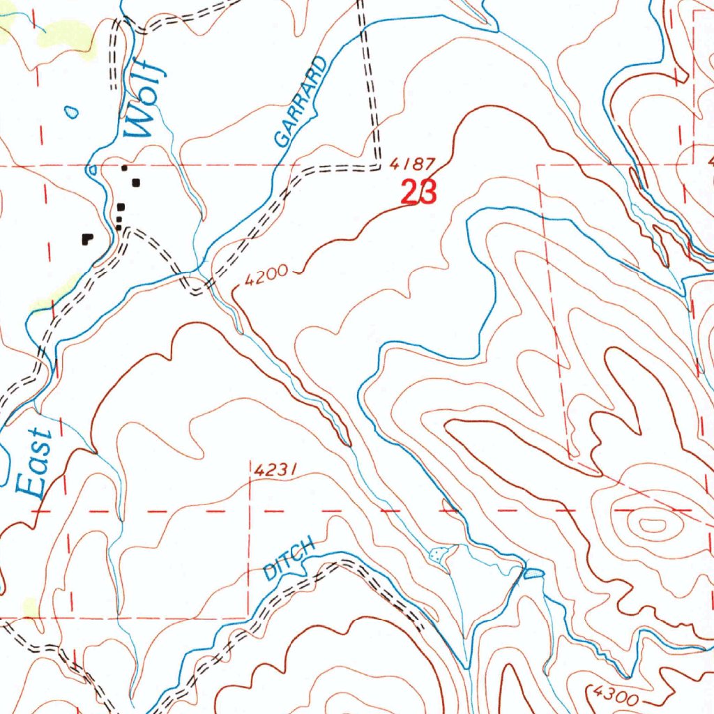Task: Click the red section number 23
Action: tap(418, 192)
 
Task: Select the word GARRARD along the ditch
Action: tap(301, 102)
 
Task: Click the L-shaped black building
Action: tap(87, 238)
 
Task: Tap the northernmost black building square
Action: tap(125, 167)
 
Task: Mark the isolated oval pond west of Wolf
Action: tap(70, 111)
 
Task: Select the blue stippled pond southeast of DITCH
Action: tap(533, 573)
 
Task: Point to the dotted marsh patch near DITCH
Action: tap(438, 555)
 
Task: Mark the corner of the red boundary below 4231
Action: tap(250, 617)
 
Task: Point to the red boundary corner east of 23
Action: tap(538, 166)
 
